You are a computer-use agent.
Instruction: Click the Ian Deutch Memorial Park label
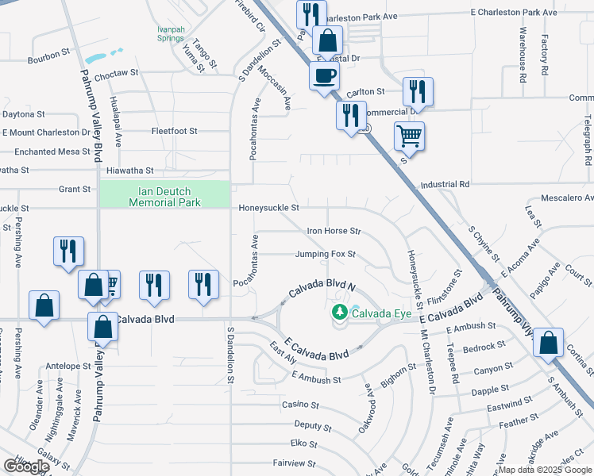click(164, 196)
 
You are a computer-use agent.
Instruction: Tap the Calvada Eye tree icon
click(340, 313)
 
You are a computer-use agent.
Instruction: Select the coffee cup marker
click(323, 77)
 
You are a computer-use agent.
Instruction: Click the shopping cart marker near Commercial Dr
click(409, 136)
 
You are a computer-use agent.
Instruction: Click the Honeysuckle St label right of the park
click(268, 208)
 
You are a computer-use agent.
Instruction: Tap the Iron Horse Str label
click(334, 232)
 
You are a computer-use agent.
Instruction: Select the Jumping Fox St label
click(324, 255)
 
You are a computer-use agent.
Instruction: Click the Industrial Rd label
click(445, 184)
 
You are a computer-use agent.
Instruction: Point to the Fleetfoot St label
click(174, 131)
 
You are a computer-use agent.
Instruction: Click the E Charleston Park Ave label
click(514, 13)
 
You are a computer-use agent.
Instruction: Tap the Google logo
click(26, 466)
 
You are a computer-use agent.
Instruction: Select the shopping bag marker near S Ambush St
click(549, 343)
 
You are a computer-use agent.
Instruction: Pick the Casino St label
click(300, 405)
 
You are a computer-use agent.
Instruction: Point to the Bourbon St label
click(49, 56)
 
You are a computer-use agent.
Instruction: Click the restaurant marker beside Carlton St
click(418, 91)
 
